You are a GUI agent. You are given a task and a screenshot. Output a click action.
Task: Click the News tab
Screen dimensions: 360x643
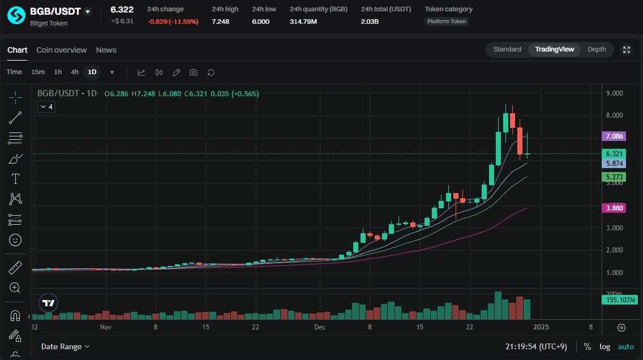point(106,50)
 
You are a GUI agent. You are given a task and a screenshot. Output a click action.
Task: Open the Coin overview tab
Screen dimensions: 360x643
point(61,50)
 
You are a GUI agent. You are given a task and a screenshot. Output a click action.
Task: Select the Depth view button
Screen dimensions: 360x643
point(597,49)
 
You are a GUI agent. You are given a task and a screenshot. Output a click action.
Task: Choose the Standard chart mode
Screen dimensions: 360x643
point(507,49)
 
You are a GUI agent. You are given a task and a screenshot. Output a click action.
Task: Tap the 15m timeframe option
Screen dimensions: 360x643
point(38,72)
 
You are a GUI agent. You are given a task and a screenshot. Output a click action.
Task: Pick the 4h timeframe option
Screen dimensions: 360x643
point(75,72)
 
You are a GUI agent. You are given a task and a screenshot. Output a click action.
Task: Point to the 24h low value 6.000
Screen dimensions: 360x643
point(260,22)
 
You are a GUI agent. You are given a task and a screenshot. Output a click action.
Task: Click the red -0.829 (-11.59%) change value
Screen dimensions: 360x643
point(173,22)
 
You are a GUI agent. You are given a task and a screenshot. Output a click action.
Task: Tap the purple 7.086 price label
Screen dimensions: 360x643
point(614,136)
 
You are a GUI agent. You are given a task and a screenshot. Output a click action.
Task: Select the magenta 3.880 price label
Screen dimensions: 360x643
point(614,208)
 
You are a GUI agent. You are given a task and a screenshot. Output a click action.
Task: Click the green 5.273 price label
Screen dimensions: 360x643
point(614,177)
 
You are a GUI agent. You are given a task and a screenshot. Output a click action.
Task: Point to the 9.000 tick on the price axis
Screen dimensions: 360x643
point(614,93)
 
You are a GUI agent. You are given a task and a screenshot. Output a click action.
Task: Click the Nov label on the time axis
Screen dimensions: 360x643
point(106,327)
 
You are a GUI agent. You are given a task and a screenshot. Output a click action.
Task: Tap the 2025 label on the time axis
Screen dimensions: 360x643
point(541,327)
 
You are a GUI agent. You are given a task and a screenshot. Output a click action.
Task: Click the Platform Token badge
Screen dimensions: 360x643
point(447,22)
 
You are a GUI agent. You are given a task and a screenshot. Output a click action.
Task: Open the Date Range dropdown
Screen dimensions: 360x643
point(65,346)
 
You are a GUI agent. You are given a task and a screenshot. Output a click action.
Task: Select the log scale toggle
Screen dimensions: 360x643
point(605,346)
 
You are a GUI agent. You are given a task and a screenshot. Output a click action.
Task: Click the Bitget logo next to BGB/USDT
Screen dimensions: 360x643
point(16,15)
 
